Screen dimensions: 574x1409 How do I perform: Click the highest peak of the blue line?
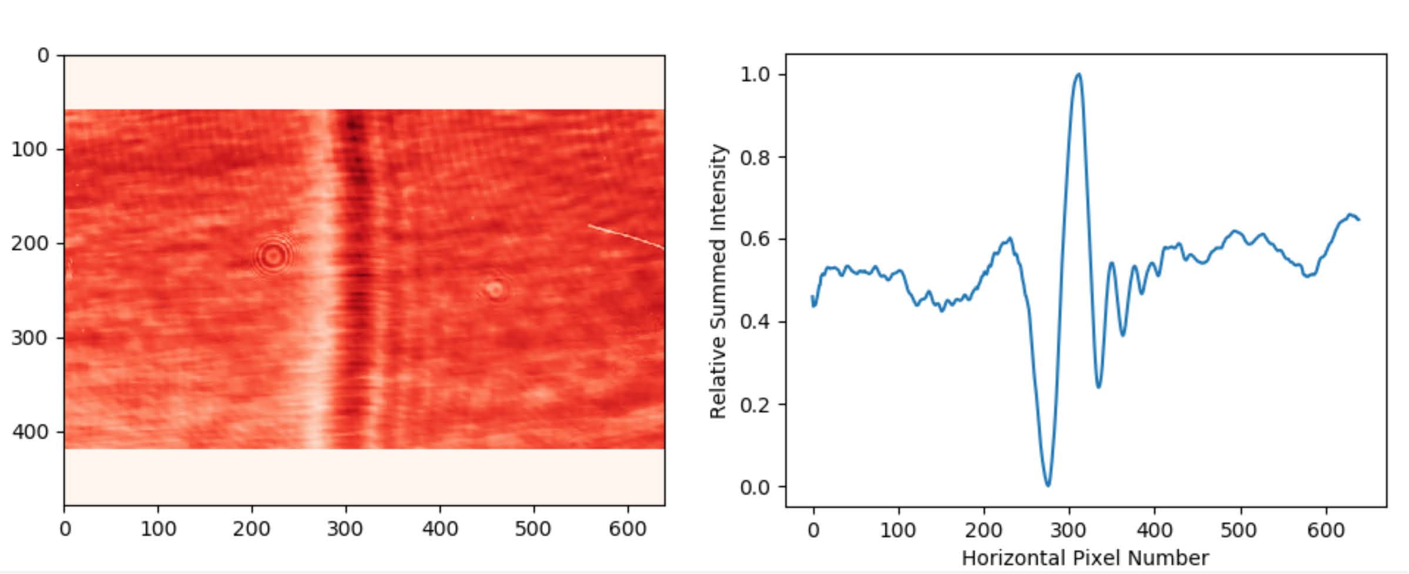pos(1078,75)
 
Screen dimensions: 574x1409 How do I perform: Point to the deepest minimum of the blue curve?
pos(1048,485)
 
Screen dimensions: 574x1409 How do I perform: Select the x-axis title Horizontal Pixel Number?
pos(1085,558)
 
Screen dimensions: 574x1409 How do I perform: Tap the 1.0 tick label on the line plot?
pos(754,75)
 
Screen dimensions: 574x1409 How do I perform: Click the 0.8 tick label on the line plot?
pos(754,157)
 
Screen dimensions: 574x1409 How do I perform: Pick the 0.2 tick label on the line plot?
pos(754,405)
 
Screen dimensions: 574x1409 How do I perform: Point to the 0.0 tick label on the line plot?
pos(754,487)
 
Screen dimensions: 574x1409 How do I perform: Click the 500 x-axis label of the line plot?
pos(1238,531)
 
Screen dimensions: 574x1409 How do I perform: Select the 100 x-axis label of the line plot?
pos(898,531)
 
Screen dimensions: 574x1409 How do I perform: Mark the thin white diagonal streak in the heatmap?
pos(626,237)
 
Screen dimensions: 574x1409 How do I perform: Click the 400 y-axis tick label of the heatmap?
pos(30,432)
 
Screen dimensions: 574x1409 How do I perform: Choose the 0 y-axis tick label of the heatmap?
pos(43,56)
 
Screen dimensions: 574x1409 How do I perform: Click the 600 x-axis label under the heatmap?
pos(628,529)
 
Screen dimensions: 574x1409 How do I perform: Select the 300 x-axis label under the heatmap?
pos(345,529)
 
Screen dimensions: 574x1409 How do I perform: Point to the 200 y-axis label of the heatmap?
pos(30,243)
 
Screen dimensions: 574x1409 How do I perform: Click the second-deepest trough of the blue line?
pos(1098,387)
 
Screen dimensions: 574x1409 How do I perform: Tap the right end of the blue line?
pos(1359,220)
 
